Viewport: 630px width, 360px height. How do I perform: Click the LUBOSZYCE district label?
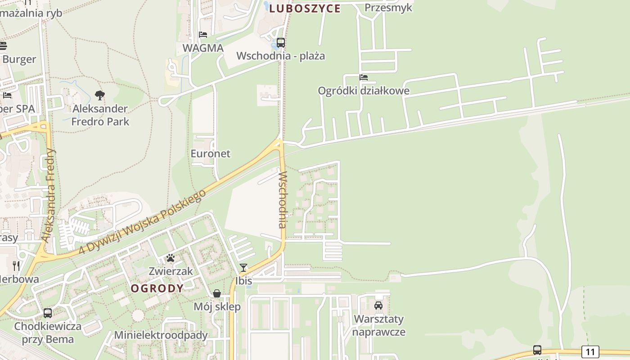coord(305,8)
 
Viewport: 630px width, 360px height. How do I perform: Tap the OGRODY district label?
coord(157,288)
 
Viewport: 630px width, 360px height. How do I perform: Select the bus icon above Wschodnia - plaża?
coord(281,43)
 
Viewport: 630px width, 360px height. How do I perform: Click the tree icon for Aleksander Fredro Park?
coord(100,95)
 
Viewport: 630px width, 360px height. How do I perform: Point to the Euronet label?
coord(210,153)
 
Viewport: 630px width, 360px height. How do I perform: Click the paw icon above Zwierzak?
coord(171,258)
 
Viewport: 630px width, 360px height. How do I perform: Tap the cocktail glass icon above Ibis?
coord(243,268)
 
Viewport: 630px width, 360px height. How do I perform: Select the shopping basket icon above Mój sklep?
coord(217,294)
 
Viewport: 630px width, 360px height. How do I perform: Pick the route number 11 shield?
coord(590,351)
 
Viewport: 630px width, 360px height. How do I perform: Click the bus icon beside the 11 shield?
coord(537,350)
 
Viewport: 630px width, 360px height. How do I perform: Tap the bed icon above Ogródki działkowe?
coord(364,77)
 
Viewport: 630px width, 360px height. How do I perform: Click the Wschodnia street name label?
coord(283,199)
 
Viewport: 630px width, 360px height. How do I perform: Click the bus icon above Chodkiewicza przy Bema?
coord(48,313)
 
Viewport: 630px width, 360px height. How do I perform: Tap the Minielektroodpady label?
coord(161,335)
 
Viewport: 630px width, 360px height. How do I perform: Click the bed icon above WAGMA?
coord(203,35)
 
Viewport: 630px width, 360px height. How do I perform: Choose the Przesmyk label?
coord(388,7)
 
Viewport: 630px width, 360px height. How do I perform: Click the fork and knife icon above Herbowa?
coord(17,265)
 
